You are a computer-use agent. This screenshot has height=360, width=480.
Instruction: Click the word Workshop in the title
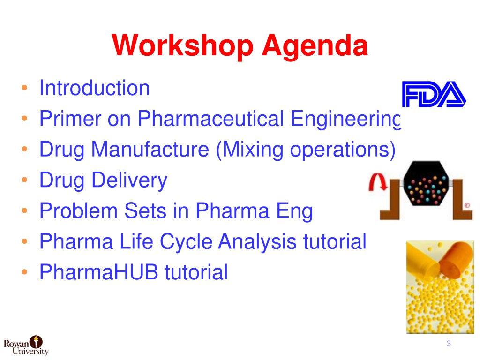coord(183,46)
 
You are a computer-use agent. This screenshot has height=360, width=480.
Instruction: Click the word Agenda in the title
coord(315,46)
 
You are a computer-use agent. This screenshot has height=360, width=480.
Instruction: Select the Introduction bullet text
coord(95,88)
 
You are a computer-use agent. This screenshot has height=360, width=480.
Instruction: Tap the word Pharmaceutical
coord(210,119)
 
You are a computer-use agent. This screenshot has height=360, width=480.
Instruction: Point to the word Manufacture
coord(150,149)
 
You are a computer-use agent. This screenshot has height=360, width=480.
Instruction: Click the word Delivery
coord(129,180)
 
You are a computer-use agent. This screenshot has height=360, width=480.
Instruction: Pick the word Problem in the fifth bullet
coord(79,210)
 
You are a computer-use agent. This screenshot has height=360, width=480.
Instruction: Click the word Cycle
coord(186,242)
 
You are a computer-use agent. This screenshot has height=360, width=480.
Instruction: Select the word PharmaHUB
coord(99,272)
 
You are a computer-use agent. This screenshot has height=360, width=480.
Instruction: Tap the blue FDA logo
coord(434,94)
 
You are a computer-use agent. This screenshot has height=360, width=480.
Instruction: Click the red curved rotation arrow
coord(378,181)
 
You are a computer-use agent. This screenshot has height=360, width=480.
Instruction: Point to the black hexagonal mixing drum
coord(426,183)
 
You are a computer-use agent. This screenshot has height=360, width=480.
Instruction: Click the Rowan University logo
coord(26,346)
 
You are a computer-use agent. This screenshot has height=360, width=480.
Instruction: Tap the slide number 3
coord(449,344)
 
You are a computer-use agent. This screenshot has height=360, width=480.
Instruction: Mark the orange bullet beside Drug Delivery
coord(25,180)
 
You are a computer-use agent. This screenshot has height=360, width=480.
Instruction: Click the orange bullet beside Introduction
coord(25,88)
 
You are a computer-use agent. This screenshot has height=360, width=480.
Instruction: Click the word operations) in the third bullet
coord(343,150)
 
